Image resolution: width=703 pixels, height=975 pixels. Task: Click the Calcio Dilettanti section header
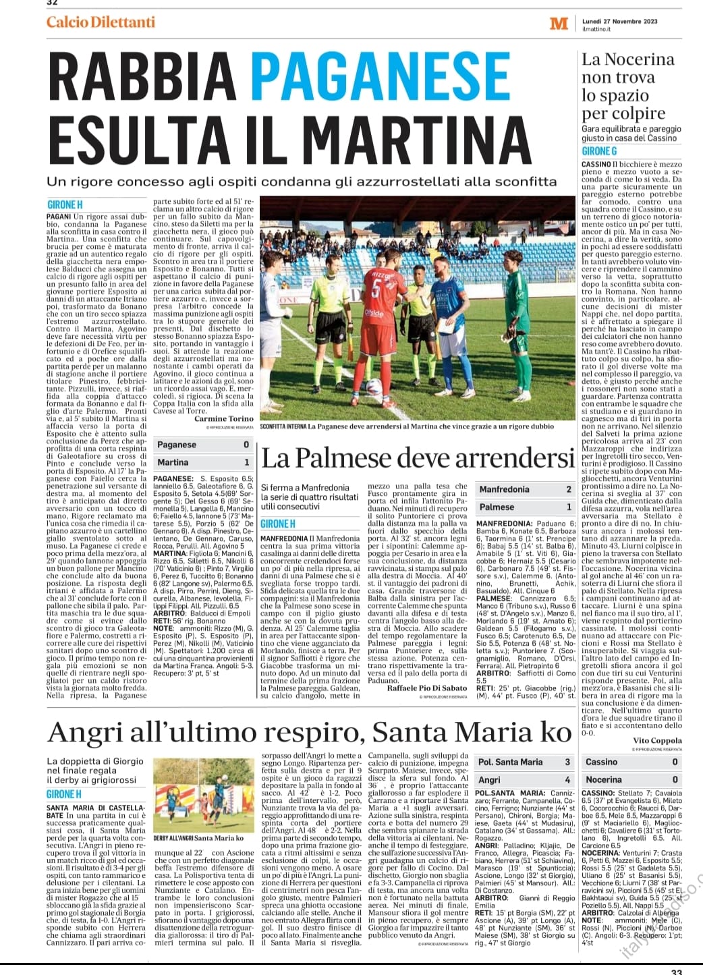click(101, 22)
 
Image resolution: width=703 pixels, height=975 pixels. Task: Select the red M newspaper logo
click(559, 24)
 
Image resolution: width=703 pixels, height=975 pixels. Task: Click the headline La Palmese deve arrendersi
click(418, 459)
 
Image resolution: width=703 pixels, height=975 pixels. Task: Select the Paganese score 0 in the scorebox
click(246, 445)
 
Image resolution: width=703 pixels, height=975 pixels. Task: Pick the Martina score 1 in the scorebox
click(246, 462)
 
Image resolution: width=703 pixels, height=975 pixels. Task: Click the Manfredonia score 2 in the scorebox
click(569, 489)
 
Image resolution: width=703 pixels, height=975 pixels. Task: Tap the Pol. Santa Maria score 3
click(567, 762)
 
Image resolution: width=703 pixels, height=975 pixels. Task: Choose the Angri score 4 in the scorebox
click(567, 779)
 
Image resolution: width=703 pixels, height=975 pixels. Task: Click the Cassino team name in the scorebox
click(601, 762)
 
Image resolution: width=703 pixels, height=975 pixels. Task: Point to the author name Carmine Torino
click(224, 418)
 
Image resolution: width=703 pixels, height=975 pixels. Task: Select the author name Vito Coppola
click(657, 740)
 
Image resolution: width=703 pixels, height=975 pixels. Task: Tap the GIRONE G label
click(599, 152)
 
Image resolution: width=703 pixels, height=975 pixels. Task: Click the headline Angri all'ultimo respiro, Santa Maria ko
click(310, 732)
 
